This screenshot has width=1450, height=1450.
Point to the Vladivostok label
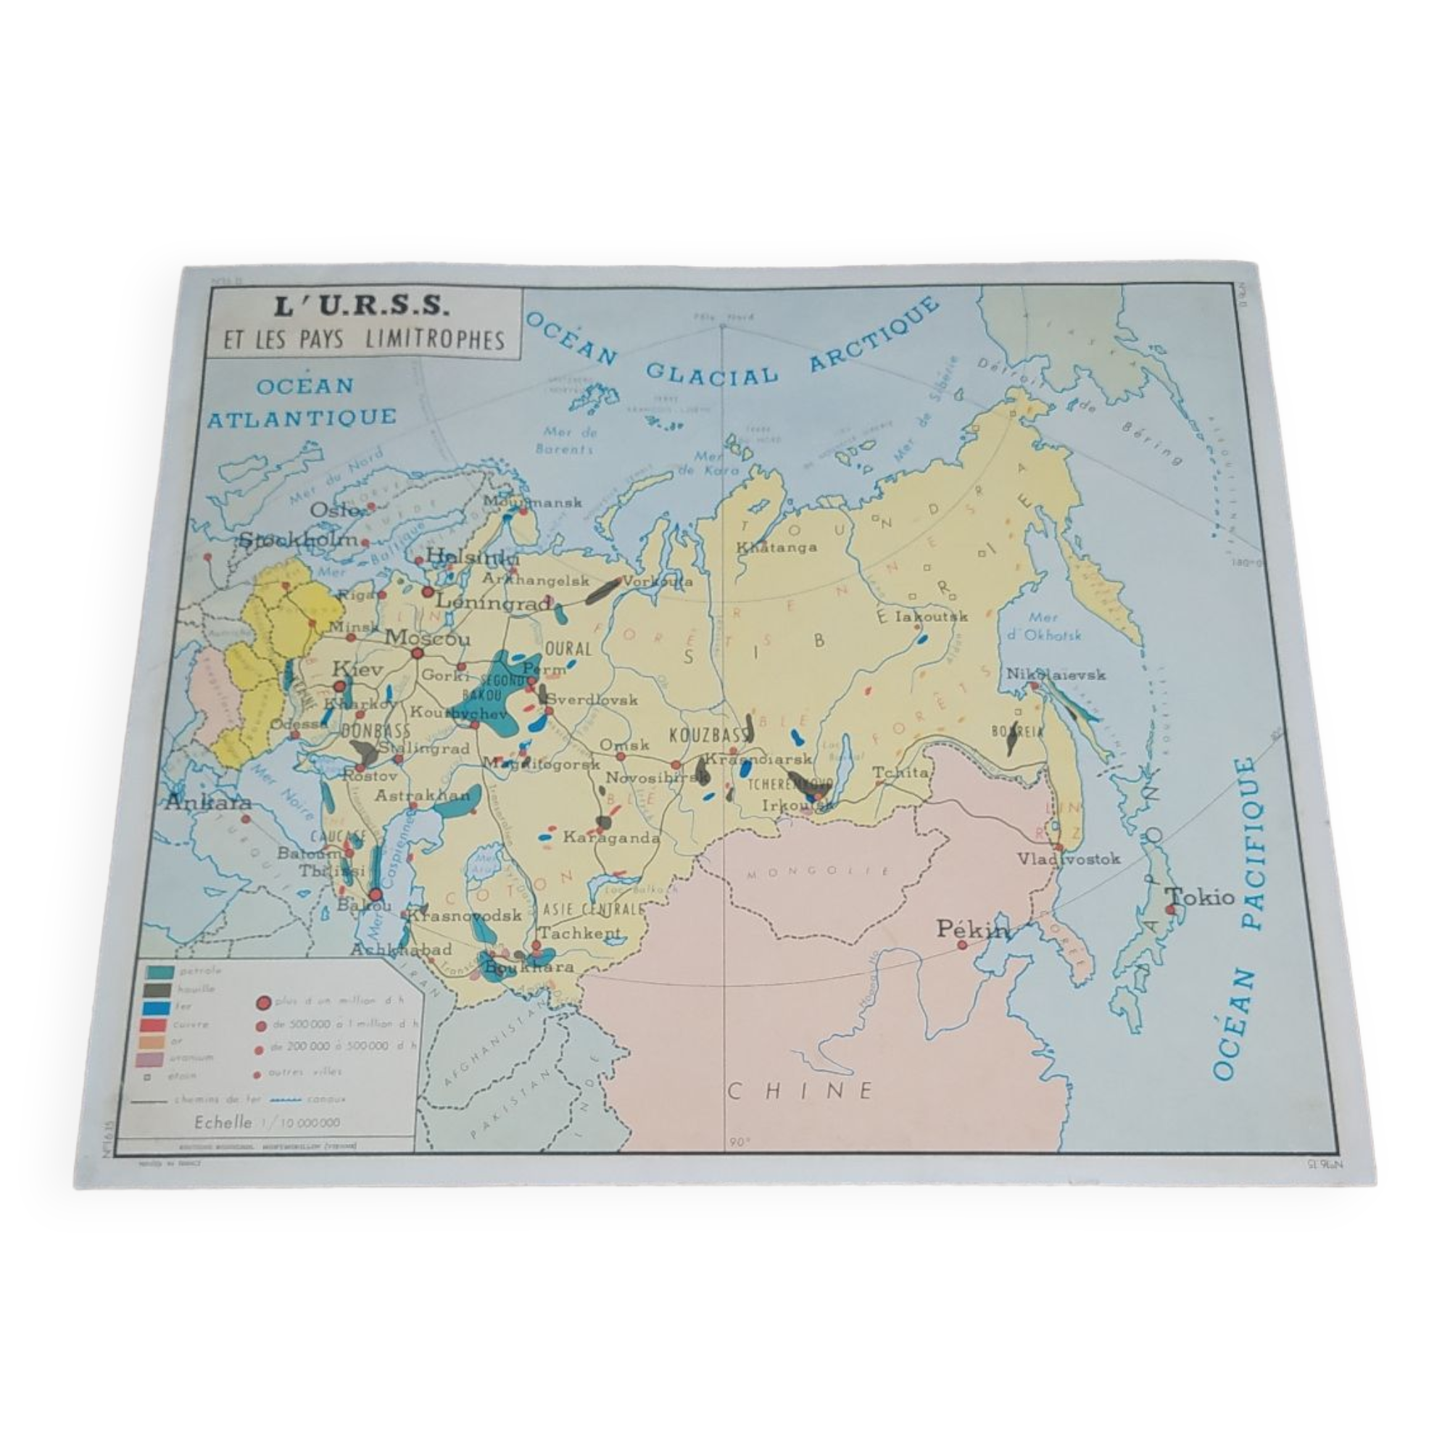pos(1069,858)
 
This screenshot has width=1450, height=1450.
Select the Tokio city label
pos(1199,898)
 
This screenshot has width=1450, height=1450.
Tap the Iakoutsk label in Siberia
pos(931,616)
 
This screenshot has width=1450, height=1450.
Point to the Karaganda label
pos(612,837)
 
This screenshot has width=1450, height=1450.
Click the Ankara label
pos(208,802)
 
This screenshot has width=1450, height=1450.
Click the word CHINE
pos(800,1090)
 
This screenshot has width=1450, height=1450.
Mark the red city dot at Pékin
pos(962,945)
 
